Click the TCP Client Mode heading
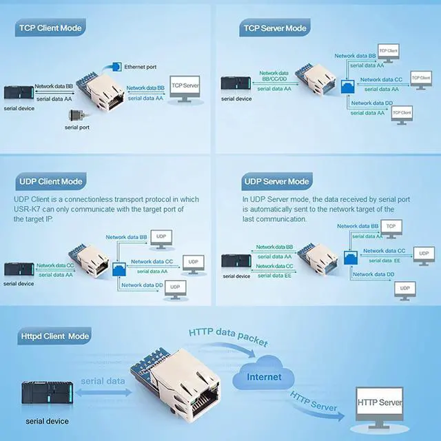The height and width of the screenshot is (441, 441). pyautogui.click(x=50, y=29)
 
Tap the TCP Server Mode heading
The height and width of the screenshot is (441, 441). pyautogui.click(x=274, y=29)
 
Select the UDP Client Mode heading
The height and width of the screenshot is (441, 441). pyautogui.click(x=50, y=181)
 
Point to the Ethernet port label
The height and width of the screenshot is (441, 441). pyautogui.click(x=140, y=67)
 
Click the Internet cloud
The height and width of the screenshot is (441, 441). pyautogui.click(x=265, y=376)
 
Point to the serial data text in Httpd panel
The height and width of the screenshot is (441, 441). pyautogui.click(x=103, y=381)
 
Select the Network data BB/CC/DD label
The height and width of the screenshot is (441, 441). pyautogui.click(x=274, y=76)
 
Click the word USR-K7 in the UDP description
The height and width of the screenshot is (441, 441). pyautogui.click(x=28, y=209)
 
